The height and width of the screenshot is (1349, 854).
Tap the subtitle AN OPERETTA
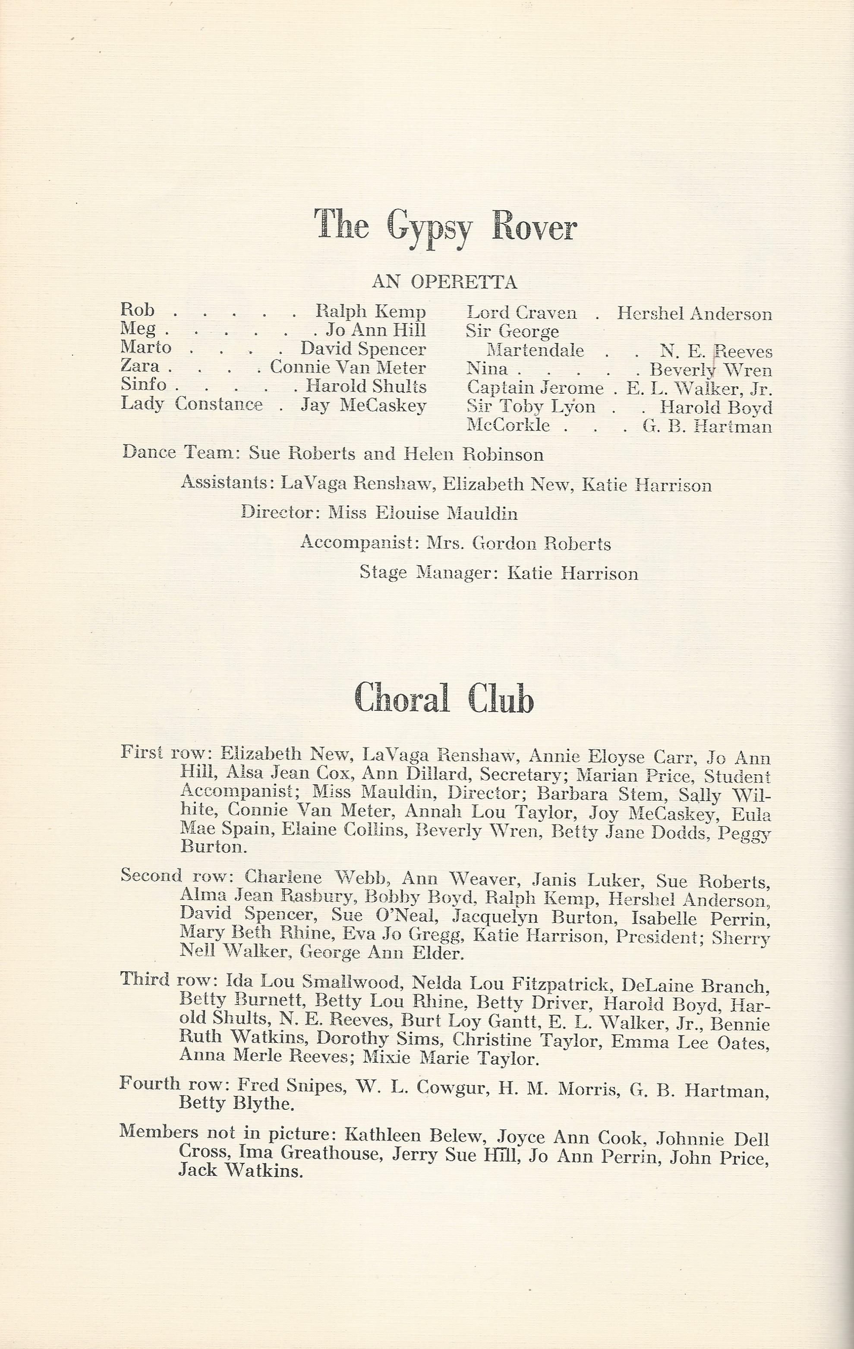click(444, 282)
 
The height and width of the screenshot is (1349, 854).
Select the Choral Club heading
click(444, 699)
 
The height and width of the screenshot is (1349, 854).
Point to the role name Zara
click(139, 366)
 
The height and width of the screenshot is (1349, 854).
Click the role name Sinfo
click(143, 385)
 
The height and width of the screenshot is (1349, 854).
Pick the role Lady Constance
click(192, 404)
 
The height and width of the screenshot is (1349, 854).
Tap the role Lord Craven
click(521, 313)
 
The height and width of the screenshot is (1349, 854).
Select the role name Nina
click(487, 369)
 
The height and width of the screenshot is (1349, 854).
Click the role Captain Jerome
click(535, 388)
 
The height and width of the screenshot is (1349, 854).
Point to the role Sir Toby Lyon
click(530, 406)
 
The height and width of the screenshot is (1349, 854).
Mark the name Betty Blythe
click(236, 1103)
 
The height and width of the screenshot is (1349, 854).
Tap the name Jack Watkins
click(241, 1170)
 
